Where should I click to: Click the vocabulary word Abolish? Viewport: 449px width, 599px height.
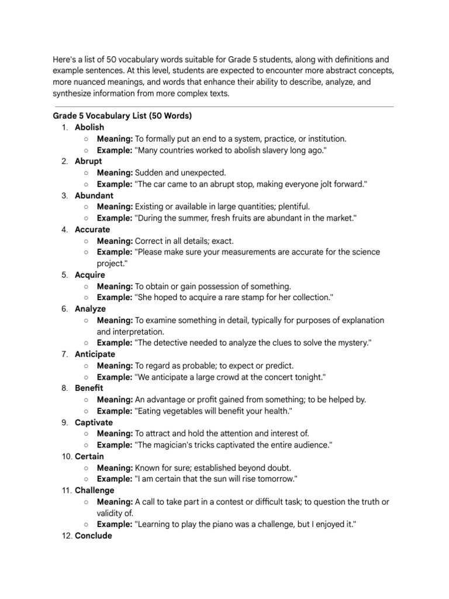pos(89,128)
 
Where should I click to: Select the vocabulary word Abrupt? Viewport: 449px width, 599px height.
pos(88,161)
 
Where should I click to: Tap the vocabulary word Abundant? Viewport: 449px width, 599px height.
pos(94,195)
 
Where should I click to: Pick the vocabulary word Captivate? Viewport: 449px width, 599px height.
pos(94,422)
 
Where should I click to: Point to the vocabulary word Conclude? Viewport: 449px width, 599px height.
pos(93,536)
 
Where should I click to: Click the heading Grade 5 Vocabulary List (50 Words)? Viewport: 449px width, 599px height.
pos(122,116)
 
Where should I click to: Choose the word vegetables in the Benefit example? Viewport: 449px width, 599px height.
pos(185,411)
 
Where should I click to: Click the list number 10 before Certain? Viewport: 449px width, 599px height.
pos(66,456)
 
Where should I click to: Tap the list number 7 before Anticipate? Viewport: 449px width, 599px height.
pos(65,354)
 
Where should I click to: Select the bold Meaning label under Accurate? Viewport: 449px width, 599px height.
pos(115,241)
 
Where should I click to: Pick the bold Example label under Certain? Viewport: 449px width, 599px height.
pos(115,479)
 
